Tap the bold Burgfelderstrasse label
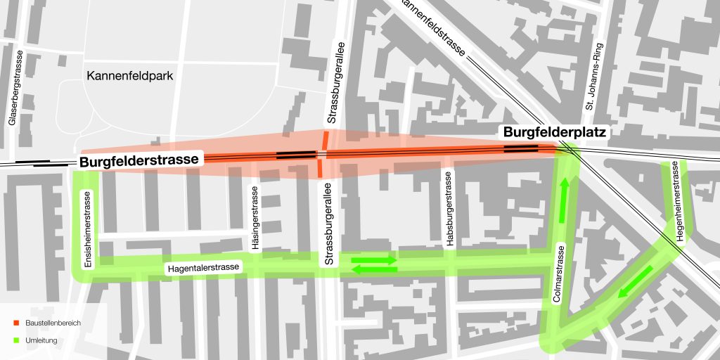tap(139, 161)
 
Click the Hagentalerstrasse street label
tap(204, 268)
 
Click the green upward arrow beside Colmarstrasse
tap(563, 200)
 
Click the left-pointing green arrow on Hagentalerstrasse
tap(373, 269)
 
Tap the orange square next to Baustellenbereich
tap(16, 323)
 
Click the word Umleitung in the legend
tap(41, 340)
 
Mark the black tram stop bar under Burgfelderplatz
tap(521, 148)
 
